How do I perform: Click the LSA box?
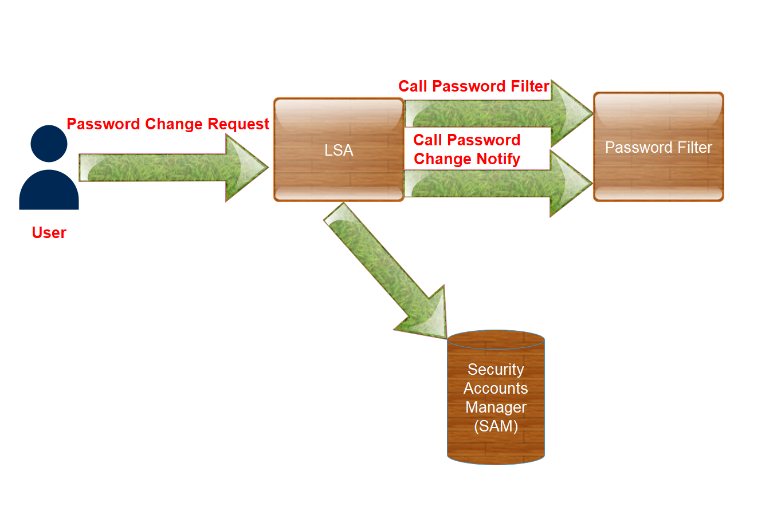[339, 150]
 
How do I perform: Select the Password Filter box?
[658, 147]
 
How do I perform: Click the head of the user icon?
[49, 143]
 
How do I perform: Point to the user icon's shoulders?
[49, 192]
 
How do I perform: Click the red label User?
[49, 233]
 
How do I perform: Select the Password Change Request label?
[168, 124]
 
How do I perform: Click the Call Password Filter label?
[474, 86]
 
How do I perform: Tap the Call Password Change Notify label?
[467, 149]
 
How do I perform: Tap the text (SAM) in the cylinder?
[496, 426]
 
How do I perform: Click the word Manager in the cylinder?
[496, 407]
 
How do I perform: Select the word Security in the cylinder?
[496, 370]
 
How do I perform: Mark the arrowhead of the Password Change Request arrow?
[246, 168]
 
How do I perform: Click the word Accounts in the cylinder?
[496, 389]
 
